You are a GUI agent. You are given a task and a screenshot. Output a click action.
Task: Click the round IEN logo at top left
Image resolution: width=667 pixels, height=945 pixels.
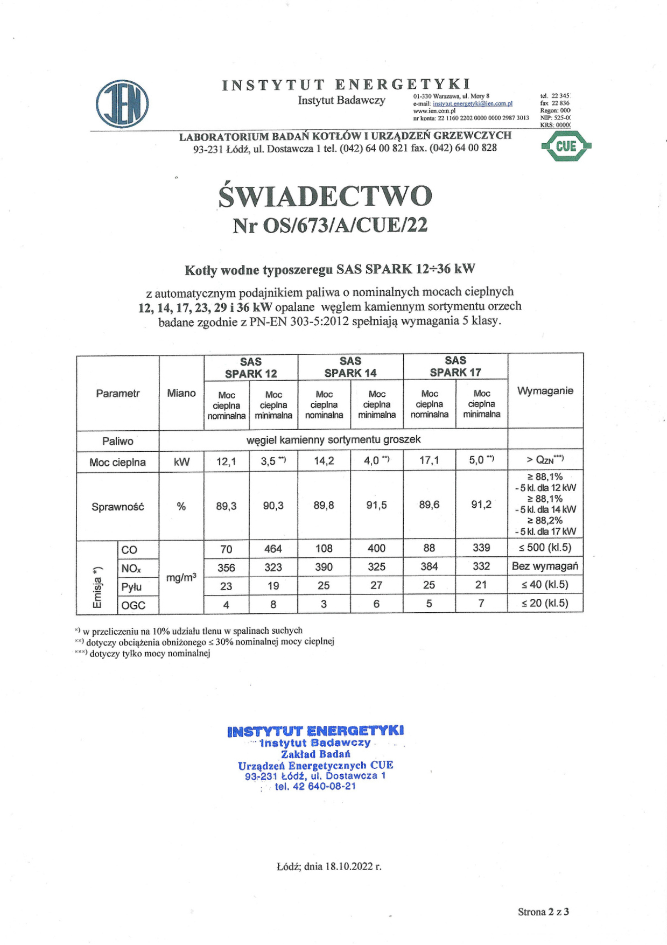pos(122,104)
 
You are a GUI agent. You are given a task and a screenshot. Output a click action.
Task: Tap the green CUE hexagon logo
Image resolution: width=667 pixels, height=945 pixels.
pos(566,146)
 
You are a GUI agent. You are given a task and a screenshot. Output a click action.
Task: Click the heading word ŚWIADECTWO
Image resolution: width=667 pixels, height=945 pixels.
pos(325,196)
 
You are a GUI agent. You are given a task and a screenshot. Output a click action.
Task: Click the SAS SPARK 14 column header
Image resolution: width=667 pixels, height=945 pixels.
pos(350,367)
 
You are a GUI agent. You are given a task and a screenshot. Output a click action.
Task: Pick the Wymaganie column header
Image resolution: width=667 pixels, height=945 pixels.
pos(545,391)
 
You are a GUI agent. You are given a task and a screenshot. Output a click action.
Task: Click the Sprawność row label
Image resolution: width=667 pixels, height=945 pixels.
pos(118,507)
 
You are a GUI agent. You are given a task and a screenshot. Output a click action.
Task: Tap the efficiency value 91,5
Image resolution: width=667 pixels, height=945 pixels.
pos(376,506)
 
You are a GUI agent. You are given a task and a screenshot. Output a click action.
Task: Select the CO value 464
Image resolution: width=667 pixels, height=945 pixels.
pos(273,549)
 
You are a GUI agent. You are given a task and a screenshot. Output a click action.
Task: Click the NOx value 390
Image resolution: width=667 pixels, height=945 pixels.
pos(324,567)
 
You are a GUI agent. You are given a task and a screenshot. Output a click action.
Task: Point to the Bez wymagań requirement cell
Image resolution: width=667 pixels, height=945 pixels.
pos(545,566)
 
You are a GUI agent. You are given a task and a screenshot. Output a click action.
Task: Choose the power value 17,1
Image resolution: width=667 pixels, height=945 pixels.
pos(429,460)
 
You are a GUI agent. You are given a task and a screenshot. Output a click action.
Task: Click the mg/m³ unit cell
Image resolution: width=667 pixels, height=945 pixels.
pos(181,577)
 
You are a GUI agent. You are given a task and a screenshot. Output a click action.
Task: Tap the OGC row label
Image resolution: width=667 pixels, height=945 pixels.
pos(133,605)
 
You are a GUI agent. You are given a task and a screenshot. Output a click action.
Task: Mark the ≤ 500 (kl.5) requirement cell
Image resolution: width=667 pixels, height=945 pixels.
pos(545,548)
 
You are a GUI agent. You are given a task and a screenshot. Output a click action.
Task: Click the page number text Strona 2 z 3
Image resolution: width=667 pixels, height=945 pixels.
pos(543,912)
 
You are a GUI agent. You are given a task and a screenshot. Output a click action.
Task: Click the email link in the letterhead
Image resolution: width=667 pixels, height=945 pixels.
pos(472,103)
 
